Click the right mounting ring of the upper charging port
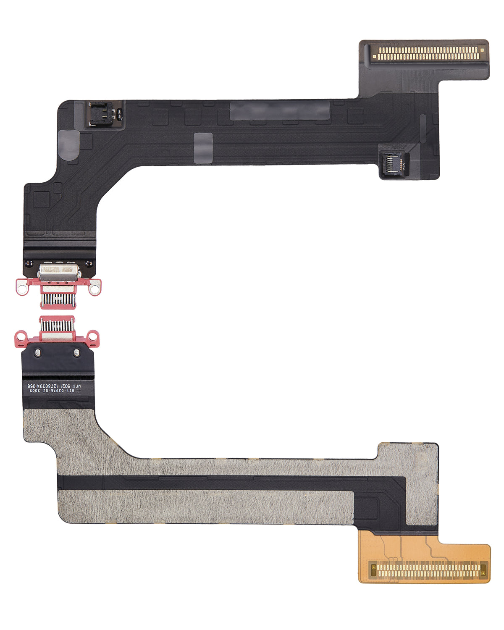(x=96, y=288)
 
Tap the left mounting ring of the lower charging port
(x=19, y=335)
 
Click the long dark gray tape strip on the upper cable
(x=279, y=110)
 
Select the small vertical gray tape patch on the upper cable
(x=203, y=147)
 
